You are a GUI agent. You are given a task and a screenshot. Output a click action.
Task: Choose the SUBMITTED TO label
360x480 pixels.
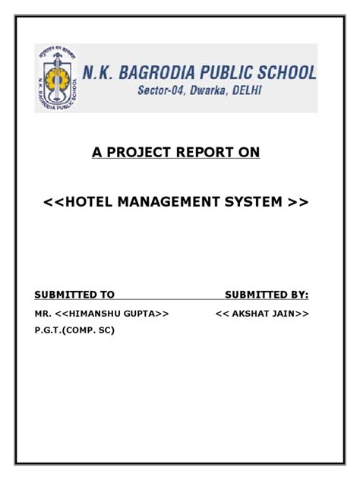[74, 294]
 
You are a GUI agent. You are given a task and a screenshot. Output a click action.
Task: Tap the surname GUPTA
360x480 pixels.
[145, 313]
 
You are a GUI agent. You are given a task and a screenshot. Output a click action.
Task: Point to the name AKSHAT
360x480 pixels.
[250, 313]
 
